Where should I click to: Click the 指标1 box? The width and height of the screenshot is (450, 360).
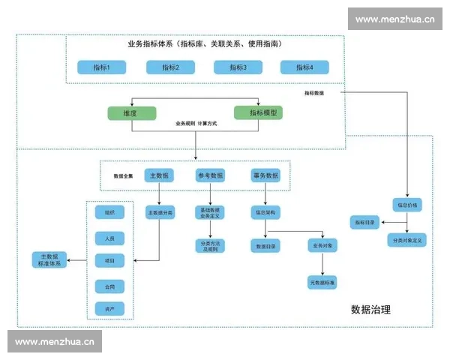point(102,67)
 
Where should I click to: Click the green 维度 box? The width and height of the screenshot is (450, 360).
point(130,112)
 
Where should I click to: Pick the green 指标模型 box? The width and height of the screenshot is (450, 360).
point(259,112)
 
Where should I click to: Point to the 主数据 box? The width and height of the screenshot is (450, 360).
point(159,175)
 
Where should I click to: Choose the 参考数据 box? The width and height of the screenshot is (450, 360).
point(211,175)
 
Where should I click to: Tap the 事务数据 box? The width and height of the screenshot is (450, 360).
point(265,175)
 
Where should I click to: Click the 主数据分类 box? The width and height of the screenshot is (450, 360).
point(159,213)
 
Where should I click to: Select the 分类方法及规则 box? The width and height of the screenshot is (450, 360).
point(211,245)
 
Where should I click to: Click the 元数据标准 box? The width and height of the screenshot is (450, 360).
point(322,283)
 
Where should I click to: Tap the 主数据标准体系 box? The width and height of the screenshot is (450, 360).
point(50,261)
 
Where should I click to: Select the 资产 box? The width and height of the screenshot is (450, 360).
point(109,308)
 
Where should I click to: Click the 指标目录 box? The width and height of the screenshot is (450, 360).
point(365,222)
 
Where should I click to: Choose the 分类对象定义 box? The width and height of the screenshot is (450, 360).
point(407,239)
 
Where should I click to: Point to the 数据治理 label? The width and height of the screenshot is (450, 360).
point(370,309)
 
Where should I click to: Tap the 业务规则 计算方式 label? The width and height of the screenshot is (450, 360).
point(196,123)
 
